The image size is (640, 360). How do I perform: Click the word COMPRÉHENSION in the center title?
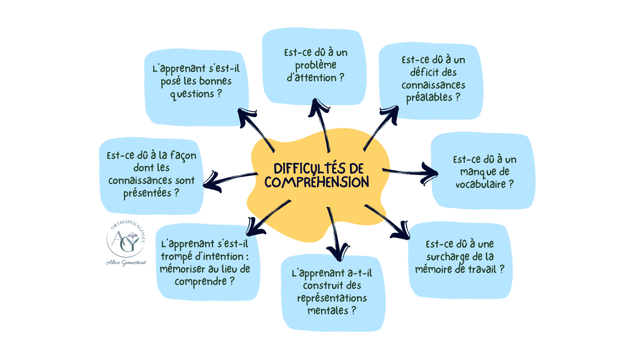point(317,182)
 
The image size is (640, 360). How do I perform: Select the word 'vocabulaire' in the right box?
point(480,184)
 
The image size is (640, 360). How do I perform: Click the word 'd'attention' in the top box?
point(312,78)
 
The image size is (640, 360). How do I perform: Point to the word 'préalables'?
point(429,97)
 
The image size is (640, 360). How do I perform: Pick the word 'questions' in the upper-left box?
point(192,94)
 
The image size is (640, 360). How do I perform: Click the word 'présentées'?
point(147,193)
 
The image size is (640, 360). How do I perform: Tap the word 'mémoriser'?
point(183,269)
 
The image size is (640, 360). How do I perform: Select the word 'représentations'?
point(332,298)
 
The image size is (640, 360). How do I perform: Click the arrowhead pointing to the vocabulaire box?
point(430,173)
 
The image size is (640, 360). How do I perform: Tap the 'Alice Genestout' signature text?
point(126,263)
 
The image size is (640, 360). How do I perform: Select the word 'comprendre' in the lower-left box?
point(201,282)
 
